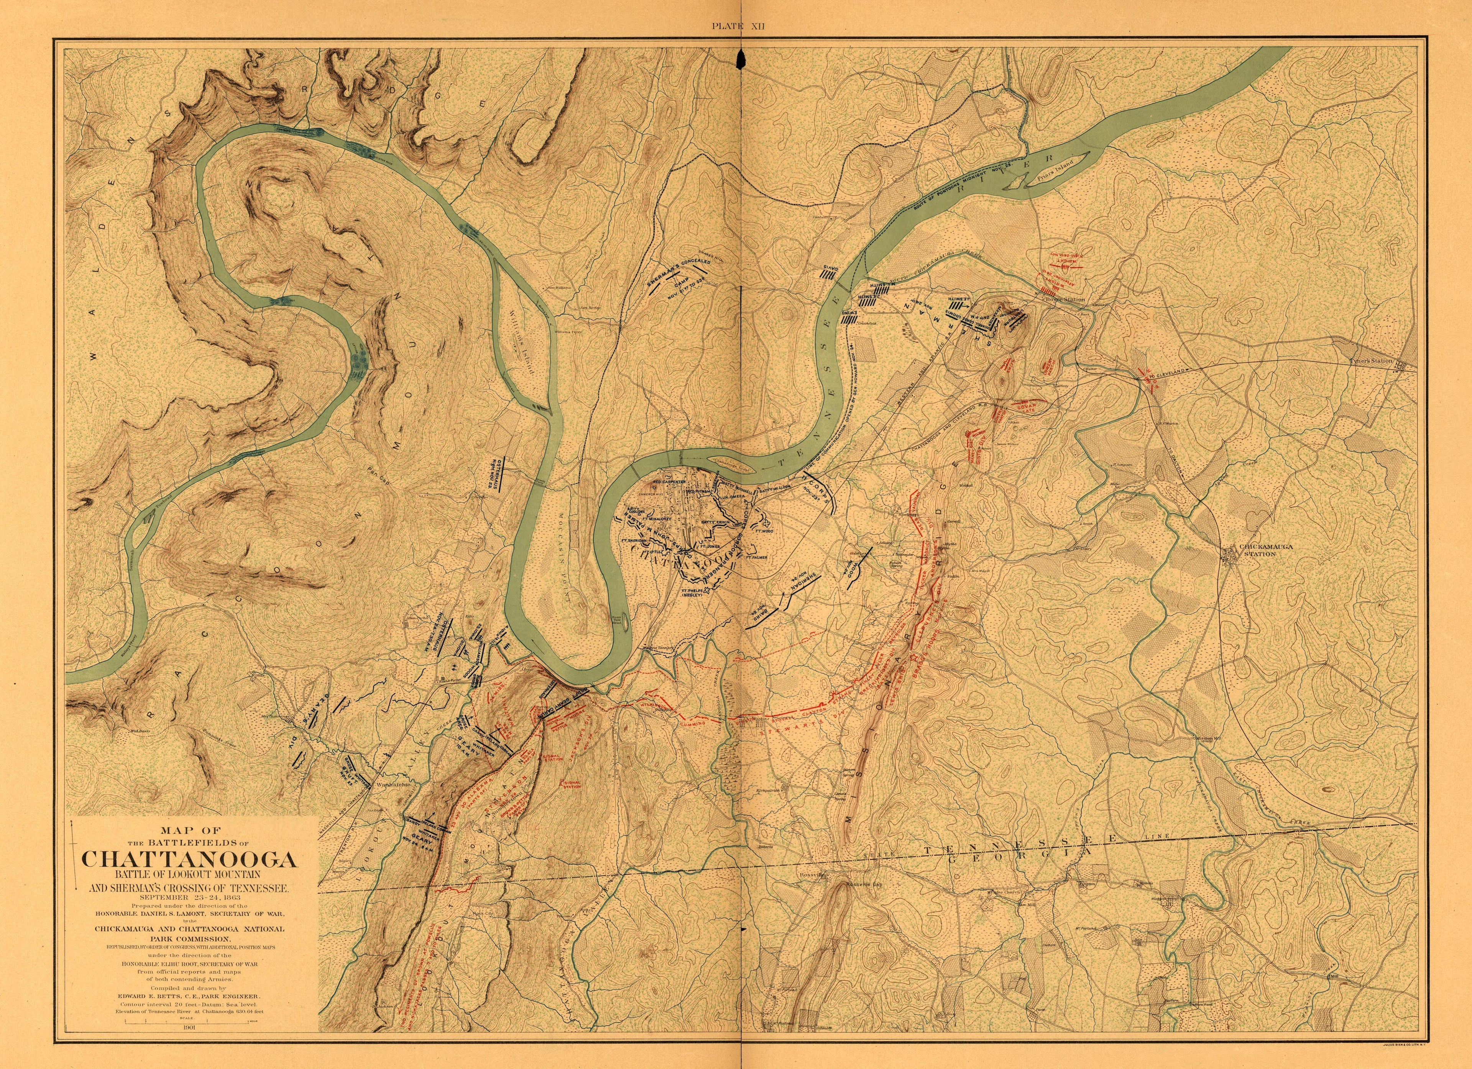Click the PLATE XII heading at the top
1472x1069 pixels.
739,26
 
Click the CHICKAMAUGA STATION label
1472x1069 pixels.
1266,550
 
